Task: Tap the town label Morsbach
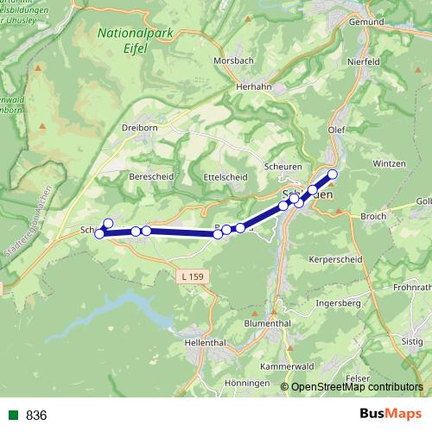[x=233, y=61]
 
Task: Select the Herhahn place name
[x=254, y=86]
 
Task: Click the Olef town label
[x=337, y=130]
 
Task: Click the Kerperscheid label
[x=337, y=259]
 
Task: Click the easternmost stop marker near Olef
[x=332, y=175]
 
